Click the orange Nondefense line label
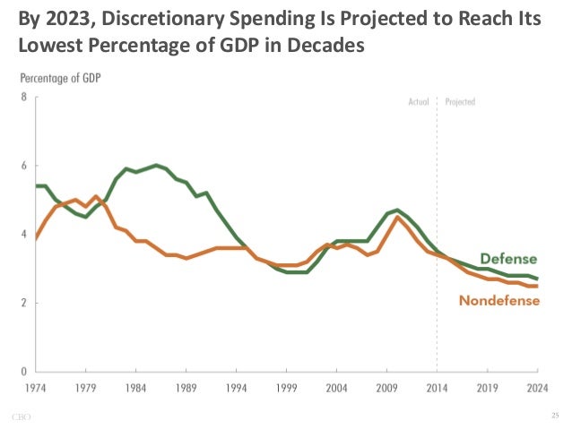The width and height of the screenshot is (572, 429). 499,301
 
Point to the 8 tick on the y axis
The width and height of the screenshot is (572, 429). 24,97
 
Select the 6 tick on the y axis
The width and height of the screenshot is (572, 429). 24,166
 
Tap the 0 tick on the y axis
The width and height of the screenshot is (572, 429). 24,370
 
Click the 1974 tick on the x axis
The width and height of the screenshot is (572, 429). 35,388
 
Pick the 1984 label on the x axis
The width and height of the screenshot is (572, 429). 135,388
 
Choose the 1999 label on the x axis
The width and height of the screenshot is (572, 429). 286,388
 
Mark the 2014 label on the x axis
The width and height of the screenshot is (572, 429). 437,388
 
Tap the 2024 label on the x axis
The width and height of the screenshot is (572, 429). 536,388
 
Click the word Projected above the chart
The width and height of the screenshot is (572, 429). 459,101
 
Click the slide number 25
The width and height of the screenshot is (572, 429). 554,416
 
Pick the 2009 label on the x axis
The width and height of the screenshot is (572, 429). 386,388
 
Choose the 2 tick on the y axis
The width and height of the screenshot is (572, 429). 24,302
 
